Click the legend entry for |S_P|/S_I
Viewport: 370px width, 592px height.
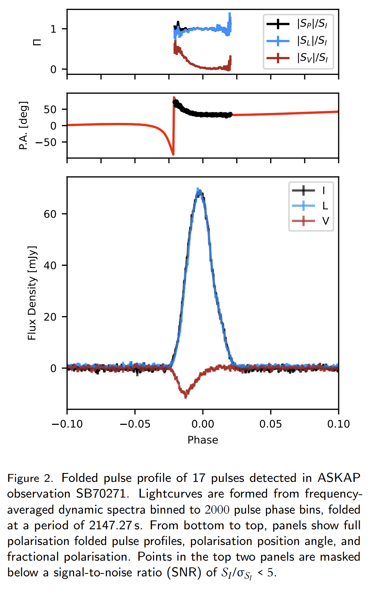click(x=297, y=24)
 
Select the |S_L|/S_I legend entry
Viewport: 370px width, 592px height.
click(x=297, y=41)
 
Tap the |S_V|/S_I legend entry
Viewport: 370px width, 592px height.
click(x=297, y=57)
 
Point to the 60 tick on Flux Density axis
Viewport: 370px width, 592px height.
click(x=50, y=214)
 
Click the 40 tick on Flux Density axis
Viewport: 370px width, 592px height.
click(x=50, y=265)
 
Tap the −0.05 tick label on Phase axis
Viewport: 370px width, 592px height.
click(x=135, y=424)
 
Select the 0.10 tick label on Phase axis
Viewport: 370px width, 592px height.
click(x=338, y=424)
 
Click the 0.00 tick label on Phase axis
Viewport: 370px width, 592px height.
click(x=203, y=424)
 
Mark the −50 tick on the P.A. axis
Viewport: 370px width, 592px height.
click(x=46, y=142)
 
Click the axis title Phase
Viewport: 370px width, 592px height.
click(x=203, y=440)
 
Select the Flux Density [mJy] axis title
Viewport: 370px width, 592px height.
click(x=32, y=293)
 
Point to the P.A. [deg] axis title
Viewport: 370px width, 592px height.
click(x=24, y=125)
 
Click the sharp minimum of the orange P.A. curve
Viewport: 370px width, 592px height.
click(x=173, y=154)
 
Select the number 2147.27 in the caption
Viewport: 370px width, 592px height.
click(x=110, y=525)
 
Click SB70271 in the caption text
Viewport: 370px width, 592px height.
click(x=101, y=494)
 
